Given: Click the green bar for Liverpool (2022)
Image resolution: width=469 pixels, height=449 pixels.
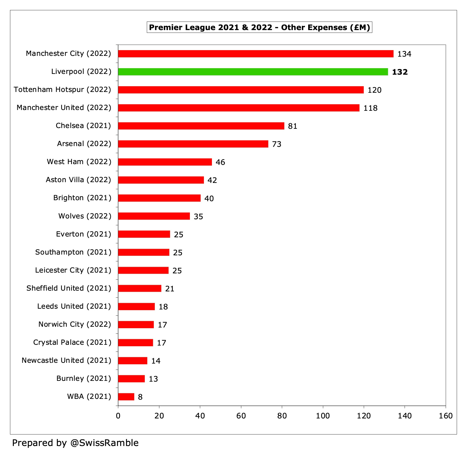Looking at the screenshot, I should (x=253, y=72).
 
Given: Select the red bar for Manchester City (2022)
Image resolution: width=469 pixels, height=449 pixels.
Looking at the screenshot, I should (x=256, y=54).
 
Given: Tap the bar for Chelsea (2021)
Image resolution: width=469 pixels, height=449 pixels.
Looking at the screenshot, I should (x=201, y=126).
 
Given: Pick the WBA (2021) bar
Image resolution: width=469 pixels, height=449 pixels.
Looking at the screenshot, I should (x=126, y=397).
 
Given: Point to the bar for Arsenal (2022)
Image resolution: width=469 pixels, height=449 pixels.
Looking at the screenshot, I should (x=193, y=144).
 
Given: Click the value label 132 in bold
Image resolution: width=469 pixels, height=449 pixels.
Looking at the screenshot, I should (x=400, y=72).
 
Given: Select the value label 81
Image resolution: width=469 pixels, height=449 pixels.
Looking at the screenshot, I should (x=293, y=126).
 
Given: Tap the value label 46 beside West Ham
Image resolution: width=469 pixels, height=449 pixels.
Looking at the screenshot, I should (x=220, y=162).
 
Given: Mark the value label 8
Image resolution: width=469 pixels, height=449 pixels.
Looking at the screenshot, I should (x=140, y=397).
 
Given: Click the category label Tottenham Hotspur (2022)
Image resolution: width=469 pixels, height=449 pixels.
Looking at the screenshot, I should (x=62, y=90).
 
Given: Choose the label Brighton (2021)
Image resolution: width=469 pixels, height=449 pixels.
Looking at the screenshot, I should (x=82, y=198).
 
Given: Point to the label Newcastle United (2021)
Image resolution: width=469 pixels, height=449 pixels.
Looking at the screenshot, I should (x=66, y=360).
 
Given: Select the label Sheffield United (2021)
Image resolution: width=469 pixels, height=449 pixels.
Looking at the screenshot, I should (x=69, y=288).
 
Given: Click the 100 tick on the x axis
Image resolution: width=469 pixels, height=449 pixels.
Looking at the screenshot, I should (x=323, y=416).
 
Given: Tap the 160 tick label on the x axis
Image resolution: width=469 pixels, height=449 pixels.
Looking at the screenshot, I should (x=445, y=416).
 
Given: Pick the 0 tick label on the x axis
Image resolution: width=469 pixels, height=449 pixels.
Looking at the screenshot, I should (x=118, y=416).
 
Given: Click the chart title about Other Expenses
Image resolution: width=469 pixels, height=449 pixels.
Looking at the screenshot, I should (x=259, y=27).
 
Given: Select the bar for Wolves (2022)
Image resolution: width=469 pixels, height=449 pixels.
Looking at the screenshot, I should (x=154, y=216).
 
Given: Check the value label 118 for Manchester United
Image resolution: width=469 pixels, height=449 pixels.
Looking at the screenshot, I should (x=370, y=108).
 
